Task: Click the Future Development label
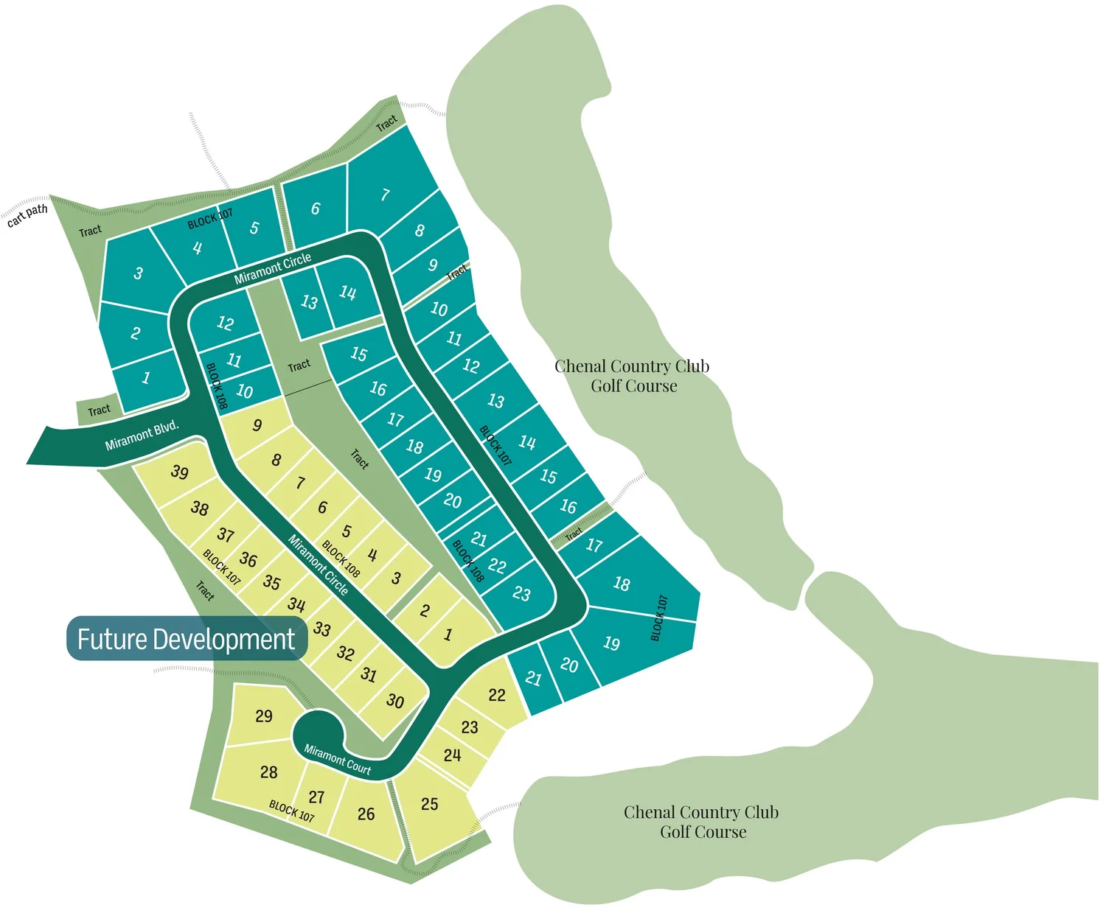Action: (x=186, y=639)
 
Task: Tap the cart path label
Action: (x=27, y=215)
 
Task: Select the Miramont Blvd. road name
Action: (x=142, y=436)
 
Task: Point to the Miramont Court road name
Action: (x=338, y=759)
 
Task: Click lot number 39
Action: (x=179, y=472)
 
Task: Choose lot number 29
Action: (x=264, y=716)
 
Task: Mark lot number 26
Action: (x=366, y=814)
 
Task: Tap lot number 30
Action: (x=395, y=701)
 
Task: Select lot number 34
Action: (x=296, y=604)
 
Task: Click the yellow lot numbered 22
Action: (x=497, y=695)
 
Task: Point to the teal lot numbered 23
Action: (x=521, y=593)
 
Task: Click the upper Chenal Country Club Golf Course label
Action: (x=632, y=376)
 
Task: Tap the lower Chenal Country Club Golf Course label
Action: (x=701, y=822)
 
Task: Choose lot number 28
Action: (x=268, y=772)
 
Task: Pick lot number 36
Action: (x=248, y=559)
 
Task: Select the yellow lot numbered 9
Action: (x=257, y=424)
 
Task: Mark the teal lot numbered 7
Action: (x=385, y=195)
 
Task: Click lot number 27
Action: (x=316, y=797)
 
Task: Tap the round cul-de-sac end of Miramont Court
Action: (x=317, y=733)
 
